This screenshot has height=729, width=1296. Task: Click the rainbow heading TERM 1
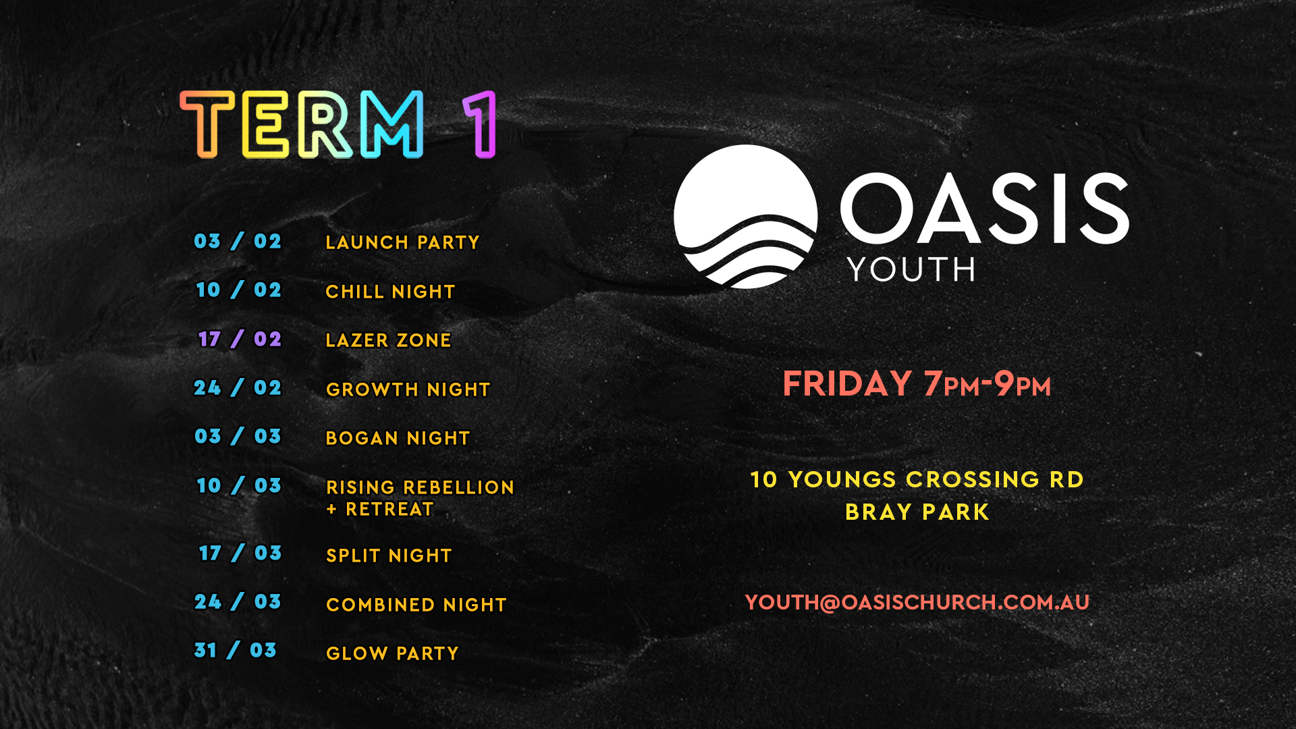pyautogui.click(x=338, y=125)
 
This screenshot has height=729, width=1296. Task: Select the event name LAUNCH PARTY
pyautogui.click(x=402, y=242)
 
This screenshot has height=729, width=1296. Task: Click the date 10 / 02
pyautogui.click(x=238, y=290)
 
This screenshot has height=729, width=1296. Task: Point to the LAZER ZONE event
pyautogui.click(x=388, y=340)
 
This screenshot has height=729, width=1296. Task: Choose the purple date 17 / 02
pyautogui.click(x=240, y=339)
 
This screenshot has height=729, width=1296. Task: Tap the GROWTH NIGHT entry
pyautogui.click(x=408, y=389)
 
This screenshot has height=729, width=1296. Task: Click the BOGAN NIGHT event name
pyautogui.click(x=398, y=438)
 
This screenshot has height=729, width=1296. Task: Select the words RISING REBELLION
pyautogui.click(x=420, y=487)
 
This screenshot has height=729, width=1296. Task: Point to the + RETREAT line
pyautogui.click(x=379, y=509)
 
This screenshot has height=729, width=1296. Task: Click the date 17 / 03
pyautogui.click(x=240, y=553)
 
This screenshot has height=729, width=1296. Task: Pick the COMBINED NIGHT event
pyautogui.click(x=416, y=605)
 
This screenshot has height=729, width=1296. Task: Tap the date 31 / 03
pyautogui.click(x=236, y=650)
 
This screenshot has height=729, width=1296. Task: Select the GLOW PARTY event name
pyautogui.click(x=392, y=653)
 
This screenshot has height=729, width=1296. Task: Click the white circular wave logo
pyautogui.click(x=746, y=216)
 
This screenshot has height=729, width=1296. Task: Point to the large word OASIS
pyautogui.click(x=985, y=208)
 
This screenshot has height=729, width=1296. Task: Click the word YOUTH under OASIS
pyautogui.click(x=911, y=269)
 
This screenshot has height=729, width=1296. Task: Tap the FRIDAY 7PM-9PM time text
pyautogui.click(x=917, y=383)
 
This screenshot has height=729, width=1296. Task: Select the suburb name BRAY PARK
pyautogui.click(x=917, y=512)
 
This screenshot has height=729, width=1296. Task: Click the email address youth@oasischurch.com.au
pyautogui.click(x=917, y=602)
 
